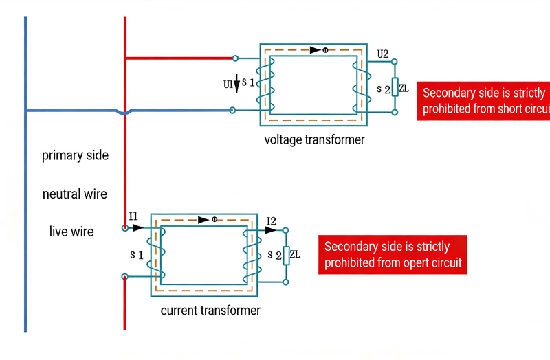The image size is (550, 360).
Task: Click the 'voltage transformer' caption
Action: click(x=314, y=140)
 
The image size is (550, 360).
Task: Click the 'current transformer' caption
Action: click(x=210, y=311)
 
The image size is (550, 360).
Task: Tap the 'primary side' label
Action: click(x=75, y=155)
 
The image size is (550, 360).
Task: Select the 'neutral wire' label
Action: click(x=75, y=194)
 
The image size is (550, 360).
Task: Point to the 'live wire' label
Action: click(x=71, y=232)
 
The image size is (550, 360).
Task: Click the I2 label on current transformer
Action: click(x=271, y=221)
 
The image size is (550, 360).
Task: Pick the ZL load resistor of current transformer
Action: click(x=285, y=255)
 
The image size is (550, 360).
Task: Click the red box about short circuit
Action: click(x=483, y=101)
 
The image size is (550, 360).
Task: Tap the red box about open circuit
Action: click(x=392, y=254)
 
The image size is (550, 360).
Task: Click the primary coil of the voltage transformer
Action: click(x=265, y=85)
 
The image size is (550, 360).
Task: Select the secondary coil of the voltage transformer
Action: click(x=356, y=87)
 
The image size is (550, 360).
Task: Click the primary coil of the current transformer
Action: click(x=156, y=254)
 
